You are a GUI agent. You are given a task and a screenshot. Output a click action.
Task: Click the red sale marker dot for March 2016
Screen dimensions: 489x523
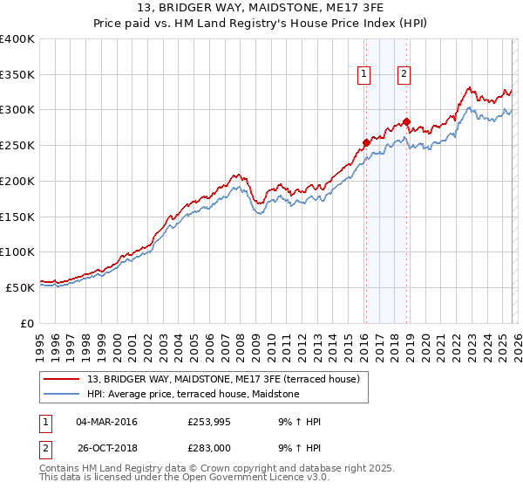pos(366,142)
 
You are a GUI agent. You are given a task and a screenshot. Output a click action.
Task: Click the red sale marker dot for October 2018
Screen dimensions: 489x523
pos(406,121)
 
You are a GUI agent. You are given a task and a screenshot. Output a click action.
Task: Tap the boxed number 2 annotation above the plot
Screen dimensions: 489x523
pos(404,74)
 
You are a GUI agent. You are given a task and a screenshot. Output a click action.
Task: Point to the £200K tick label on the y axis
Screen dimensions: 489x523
pos(17,181)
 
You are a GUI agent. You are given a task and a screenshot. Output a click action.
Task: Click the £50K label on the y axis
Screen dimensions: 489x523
pos(20,287)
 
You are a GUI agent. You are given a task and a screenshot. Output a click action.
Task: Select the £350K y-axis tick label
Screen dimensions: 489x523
pos(17,74)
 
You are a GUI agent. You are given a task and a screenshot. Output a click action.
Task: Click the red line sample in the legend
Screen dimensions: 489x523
pos(63,378)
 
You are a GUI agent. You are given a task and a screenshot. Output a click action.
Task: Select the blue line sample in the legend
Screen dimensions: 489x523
pos(63,394)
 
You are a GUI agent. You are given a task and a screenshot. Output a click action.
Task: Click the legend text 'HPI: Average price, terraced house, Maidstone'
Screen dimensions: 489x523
pos(193,394)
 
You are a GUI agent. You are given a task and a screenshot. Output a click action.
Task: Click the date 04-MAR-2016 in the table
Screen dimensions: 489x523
pos(106,422)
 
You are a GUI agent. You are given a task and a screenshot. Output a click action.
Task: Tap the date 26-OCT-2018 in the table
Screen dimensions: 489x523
pos(106,448)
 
